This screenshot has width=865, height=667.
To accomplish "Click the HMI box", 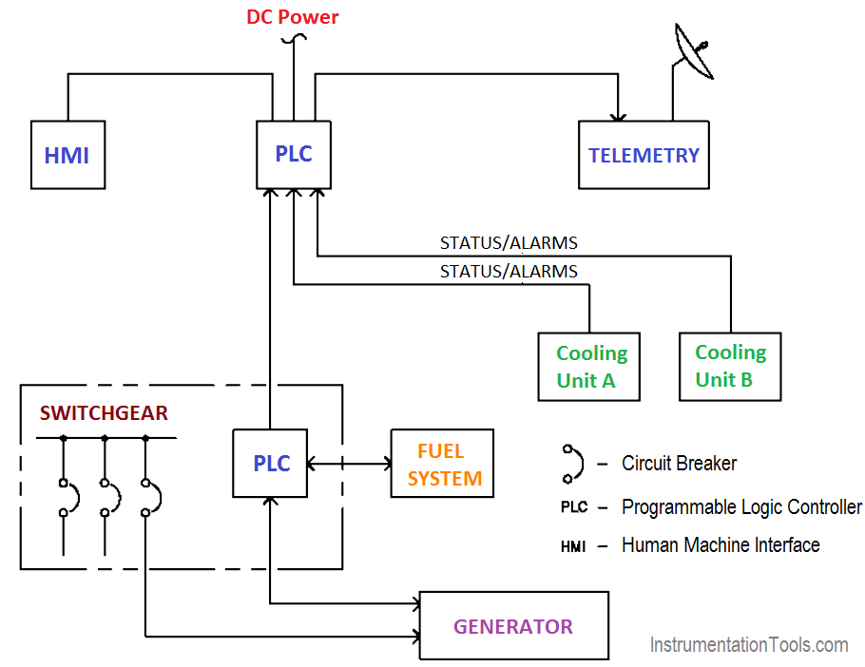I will (x=67, y=155).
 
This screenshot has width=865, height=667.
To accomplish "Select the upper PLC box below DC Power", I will (x=294, y=154).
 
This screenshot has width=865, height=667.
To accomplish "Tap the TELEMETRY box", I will (x=644, y=155).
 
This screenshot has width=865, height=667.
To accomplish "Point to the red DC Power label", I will (x=292, y=17).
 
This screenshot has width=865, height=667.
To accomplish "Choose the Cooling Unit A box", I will (x=591, y=367).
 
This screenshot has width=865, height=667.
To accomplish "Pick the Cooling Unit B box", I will (x=730, y=366).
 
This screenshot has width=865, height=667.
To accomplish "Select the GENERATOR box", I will (x=513, y=626).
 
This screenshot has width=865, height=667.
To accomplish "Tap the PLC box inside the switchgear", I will (x=271, y=463).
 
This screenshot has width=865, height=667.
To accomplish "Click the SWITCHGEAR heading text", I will (x=104, y=413).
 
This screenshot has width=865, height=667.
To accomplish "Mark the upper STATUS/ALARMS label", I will (x=509, y=243).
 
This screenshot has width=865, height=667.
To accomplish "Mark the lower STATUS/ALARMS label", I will (x=509, y=272).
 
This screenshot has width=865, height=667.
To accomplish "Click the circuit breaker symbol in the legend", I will (x=571, y=464).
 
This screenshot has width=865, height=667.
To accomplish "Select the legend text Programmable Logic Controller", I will (x=741, y=507).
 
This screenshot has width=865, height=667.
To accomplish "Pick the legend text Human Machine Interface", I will (x=721, y=545).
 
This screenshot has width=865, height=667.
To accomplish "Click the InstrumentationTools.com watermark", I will (x=749, y=645).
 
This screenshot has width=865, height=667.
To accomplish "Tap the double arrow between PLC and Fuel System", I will (x=349, y=464).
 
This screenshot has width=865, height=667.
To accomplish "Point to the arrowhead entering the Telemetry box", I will (x=619, y=115).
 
